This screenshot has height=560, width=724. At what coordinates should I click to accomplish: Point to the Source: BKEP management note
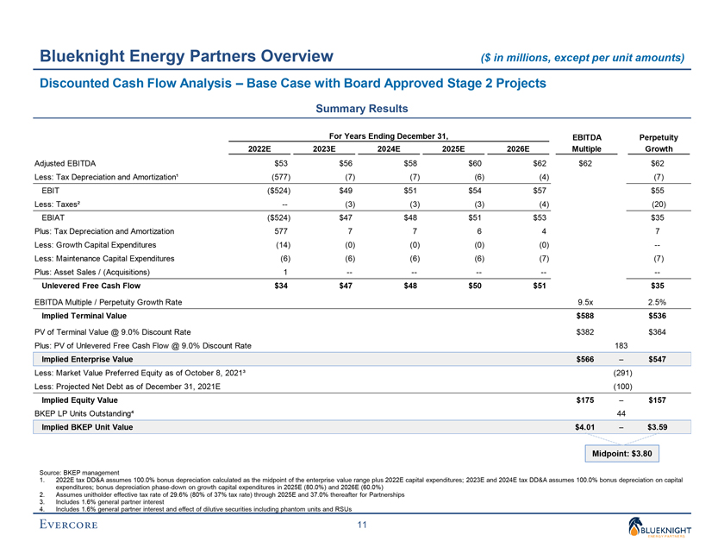(80, 472)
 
